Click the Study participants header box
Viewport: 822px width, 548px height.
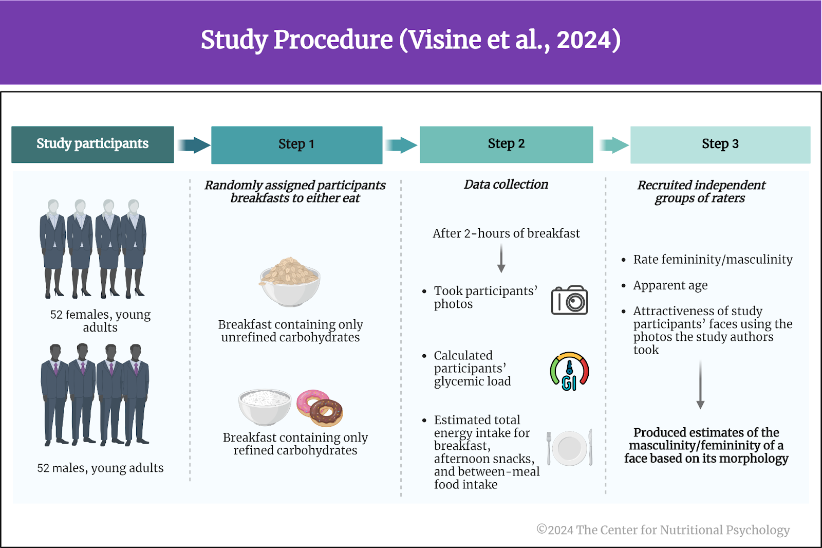(x=92, y=144)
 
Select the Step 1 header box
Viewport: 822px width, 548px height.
(x=296, y=145)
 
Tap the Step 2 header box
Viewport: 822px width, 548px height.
(x=506, y=144)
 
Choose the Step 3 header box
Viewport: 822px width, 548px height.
(x=720, y=145)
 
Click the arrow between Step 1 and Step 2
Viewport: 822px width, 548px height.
(x=401, y=145)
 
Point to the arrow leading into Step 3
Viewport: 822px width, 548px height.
(x=614, y=145)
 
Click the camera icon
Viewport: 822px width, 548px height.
(x=569, y=300)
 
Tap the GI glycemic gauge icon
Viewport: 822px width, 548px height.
(x=569, y=371)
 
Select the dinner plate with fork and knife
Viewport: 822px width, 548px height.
(x=570, y=447)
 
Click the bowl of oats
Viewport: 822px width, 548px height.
(x=290, y=281)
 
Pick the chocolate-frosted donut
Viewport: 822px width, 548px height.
(x=326, y=412)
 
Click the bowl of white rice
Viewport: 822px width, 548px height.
(x=264, y=406)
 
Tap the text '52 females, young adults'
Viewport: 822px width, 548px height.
(x=100, y=321)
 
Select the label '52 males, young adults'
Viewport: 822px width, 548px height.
(x=100, y=468)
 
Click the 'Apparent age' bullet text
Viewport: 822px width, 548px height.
(x=670, y=285)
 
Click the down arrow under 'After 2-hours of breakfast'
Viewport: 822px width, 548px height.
(x=501, y=259)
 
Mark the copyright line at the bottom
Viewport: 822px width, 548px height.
(x=663, y=529)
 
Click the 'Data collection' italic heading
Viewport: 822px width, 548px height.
(x=506, y=184)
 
